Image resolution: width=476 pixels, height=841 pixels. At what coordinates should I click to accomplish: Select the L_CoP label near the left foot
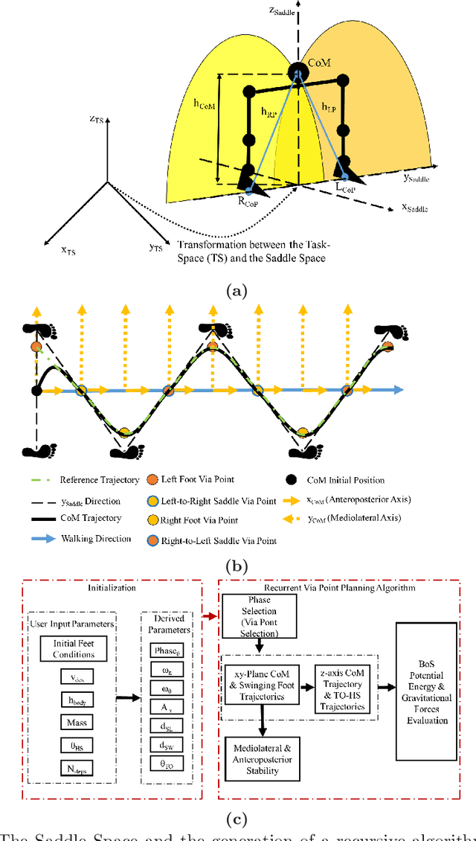[x=346, y=191]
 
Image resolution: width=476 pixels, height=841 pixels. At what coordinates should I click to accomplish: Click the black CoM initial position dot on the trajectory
[x=36, y=390]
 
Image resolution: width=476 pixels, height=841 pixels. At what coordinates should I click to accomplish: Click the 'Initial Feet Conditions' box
[x=73, y=649]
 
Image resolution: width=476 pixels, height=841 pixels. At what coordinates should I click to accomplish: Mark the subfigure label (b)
[x=237, y=566]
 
